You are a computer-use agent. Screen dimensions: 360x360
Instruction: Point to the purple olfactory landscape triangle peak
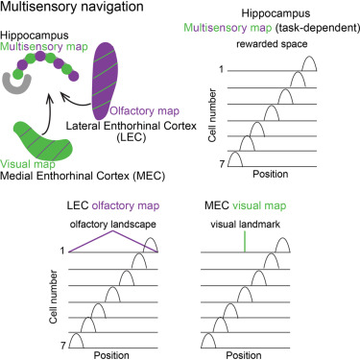click(x=111, y=229)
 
